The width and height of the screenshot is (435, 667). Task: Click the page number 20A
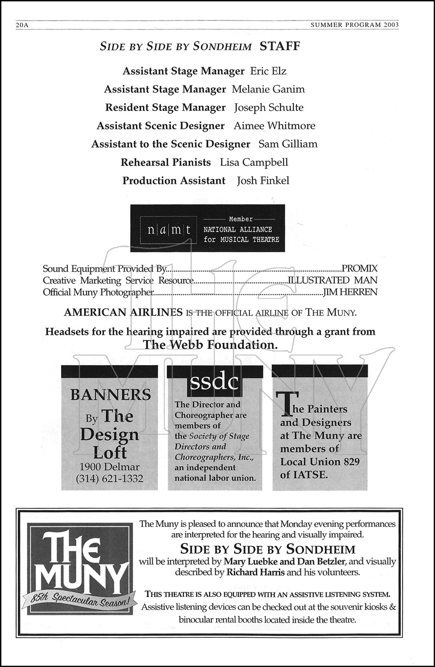point(22,25)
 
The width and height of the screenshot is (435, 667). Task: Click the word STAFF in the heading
point(280,46)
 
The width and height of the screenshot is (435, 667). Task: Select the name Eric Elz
point(268,71)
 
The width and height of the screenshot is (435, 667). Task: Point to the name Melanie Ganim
point(268,89)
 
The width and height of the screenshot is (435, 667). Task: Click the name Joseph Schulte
point(268,108)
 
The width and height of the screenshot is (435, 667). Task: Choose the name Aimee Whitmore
point(274,126)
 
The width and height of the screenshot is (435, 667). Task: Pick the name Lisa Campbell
point(254,162)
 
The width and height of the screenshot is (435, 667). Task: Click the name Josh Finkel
point(263,181)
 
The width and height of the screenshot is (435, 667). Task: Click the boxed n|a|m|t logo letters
point(169,230)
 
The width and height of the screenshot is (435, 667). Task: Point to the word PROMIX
point(359,269)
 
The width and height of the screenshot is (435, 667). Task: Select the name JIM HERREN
point(350,292)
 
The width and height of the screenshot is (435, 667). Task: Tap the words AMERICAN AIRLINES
point(123,312)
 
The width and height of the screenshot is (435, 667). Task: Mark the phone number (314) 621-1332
point(110,479)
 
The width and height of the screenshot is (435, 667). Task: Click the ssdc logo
point(214,382)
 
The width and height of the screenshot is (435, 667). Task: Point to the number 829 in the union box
point(351,462)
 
